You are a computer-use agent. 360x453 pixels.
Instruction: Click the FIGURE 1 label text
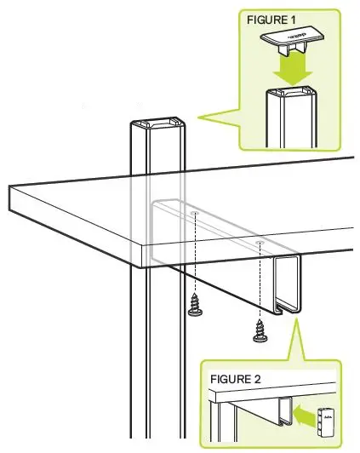(271, 18)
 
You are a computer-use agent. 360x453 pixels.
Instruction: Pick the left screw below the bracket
(195, 304)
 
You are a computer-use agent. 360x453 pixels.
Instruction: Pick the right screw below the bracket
(260, 330)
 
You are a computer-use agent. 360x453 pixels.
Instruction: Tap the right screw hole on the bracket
(259, 242)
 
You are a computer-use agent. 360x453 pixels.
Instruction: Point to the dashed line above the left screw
(196, 255)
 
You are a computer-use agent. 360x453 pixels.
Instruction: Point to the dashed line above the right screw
(259, 281)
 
